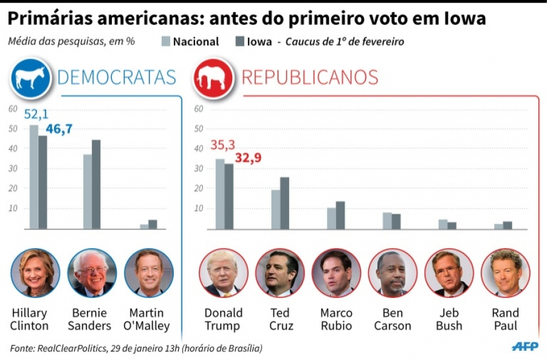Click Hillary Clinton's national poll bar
pos(33,176)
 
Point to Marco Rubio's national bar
pos(331,218)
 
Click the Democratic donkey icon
pos(30,78)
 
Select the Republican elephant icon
pos(214,78)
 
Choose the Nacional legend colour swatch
pos(166,42)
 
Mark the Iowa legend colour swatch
pos(239,42)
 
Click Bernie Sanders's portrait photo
pos(92,272)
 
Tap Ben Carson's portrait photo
pos(392,272)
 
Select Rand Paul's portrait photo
pos(505,272)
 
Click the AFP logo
pos(525,346)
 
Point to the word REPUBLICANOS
pos(310,78)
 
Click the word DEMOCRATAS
pos(116,78)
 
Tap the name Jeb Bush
pos(449,319)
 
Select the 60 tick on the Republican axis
pos(198,109)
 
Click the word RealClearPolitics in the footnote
pos(77,348)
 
